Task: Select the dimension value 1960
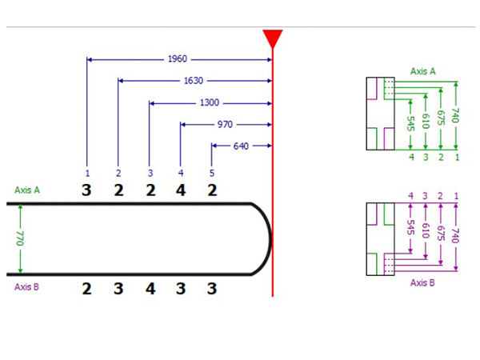[178, 59]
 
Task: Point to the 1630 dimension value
[193, 81]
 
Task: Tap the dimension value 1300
[210, 103]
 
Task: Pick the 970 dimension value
[226, 125]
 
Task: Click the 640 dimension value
[241, 146]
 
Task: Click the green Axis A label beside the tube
[27, 190]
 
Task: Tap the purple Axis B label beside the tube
[27, 286]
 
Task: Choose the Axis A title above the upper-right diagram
[422, 70]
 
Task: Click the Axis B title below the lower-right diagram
[422, 282]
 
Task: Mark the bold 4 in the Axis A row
[180, 190]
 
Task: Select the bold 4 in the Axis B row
[150, 288]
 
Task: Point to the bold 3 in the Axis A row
[87, 190]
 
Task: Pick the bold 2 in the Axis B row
[87, 288]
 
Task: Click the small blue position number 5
[212, 173]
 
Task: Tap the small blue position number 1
[87, 173]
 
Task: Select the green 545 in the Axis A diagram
[410, 124]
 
